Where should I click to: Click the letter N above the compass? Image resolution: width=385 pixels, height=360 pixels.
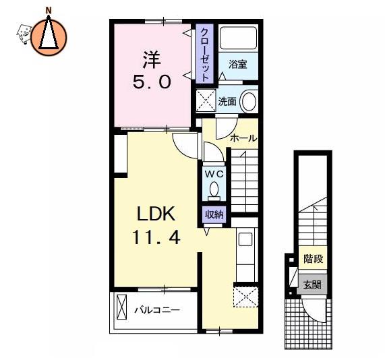click(x=49, y=11)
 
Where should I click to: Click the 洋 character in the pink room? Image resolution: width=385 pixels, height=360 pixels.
click(x=152, y=60)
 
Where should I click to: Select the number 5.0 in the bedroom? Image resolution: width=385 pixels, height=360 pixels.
click(x=152, y=82)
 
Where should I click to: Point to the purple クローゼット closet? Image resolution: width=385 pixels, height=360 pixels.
click(x=204, y=54)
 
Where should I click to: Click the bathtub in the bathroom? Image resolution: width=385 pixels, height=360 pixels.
click(x=238, y=38)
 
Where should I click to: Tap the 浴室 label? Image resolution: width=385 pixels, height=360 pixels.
click(x=238, y=64)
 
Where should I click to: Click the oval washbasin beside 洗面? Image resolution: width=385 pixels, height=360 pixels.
click(x=249, y=101)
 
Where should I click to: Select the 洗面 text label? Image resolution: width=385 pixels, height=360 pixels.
click(x=227, y=101)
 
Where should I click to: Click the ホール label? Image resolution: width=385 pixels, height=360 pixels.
click(x=243, y=138)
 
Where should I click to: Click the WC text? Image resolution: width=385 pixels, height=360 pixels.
click(x=214, y=174)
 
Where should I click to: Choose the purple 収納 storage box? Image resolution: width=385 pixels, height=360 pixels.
click(x=214, y=215)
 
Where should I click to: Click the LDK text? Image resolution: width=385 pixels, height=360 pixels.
click(x=156, y=214)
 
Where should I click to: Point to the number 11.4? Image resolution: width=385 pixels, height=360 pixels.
click(x=156, y=237)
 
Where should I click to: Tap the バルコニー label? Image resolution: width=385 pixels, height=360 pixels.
click(x=157, y=310)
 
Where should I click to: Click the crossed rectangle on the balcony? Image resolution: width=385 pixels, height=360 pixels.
click(x=122, y=307)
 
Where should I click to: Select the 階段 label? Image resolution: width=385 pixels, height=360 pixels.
click(x=313, y=259)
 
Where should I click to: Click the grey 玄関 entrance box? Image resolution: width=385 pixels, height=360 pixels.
click(x=312, y=285)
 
